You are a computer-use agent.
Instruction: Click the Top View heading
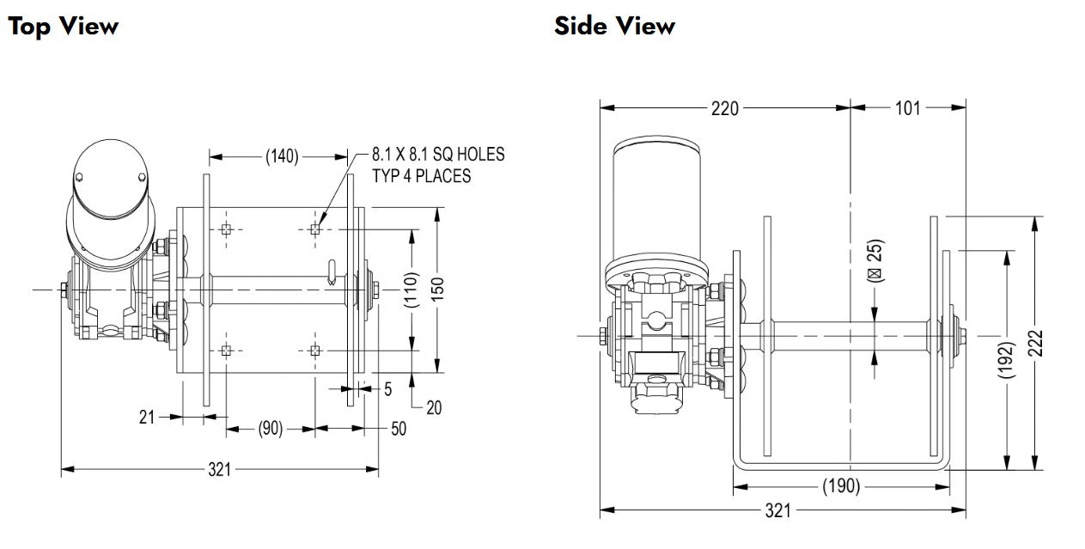point(63,26)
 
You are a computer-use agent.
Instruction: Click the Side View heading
point(614,26)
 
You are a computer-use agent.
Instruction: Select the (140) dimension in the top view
point(281,156)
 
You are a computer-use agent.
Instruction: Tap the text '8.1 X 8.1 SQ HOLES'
point(438,155)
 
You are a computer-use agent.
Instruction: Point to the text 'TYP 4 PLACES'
point(421,176)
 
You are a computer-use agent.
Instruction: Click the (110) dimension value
point(411,290)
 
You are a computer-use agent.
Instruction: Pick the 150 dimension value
point(438,290)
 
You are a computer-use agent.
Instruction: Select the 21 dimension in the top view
point(147,417)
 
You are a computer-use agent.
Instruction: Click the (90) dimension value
point(271,428)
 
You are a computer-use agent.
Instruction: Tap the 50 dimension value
point(399,428)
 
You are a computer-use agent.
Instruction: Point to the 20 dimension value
point(434,407)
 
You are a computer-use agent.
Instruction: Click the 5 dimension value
point(387,389)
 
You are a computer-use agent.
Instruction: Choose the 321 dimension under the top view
point(221,469)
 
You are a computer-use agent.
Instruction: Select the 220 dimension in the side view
point(725,108)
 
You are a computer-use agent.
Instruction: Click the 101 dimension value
point(907,108)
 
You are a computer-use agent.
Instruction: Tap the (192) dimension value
point(1008,360)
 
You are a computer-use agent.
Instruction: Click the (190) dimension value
point(841,486)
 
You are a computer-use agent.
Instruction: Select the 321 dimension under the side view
point(777,511)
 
